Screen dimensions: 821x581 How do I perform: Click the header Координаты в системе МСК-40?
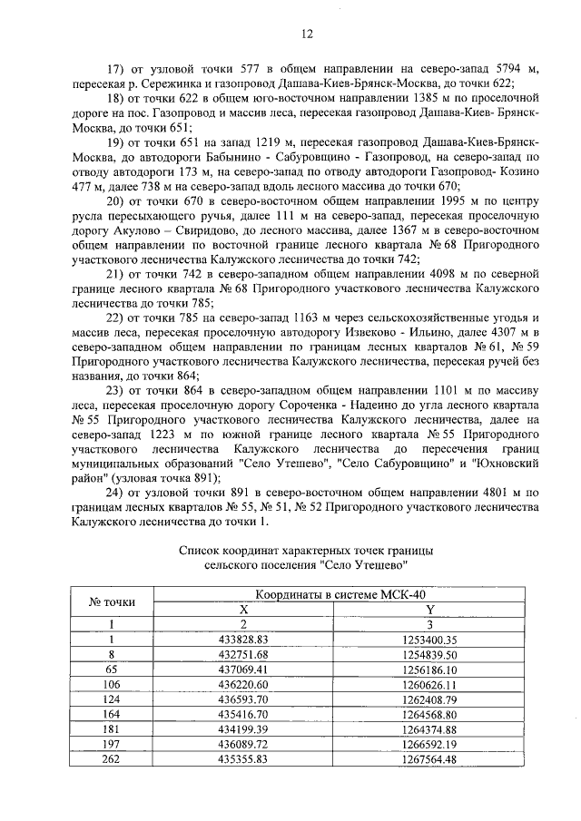coord(339,594)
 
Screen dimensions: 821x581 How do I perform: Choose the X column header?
coord(242,610)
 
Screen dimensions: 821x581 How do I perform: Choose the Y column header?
coord(430,610)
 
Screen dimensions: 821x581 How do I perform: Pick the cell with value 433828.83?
coord(242,640)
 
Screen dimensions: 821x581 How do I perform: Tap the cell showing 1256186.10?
coord(430,670)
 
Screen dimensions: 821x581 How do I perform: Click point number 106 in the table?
coord(112,684)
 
